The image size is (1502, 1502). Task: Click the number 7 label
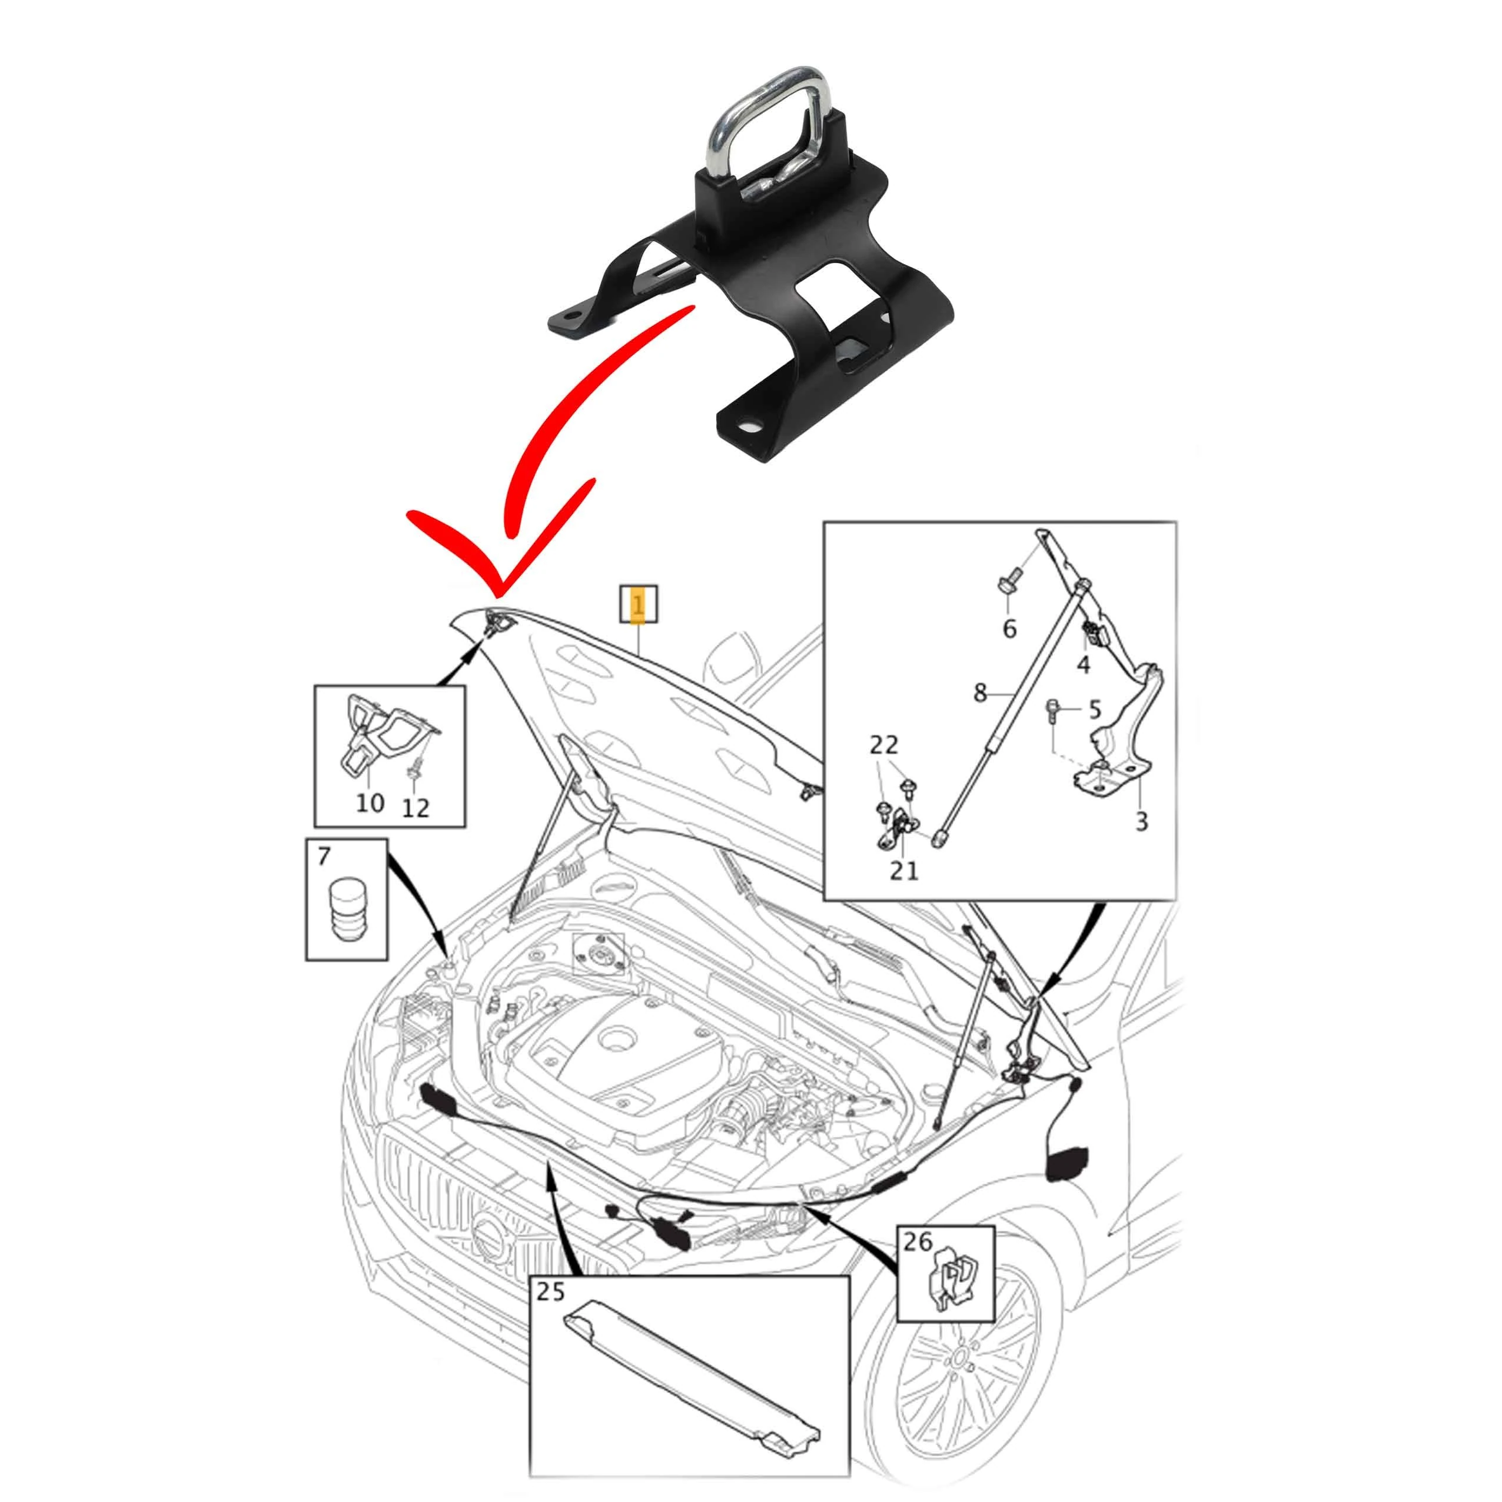(324, 858)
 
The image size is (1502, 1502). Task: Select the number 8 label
(979, 691)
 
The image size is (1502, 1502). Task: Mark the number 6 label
(1009, 628)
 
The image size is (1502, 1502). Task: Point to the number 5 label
(1094, 709)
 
